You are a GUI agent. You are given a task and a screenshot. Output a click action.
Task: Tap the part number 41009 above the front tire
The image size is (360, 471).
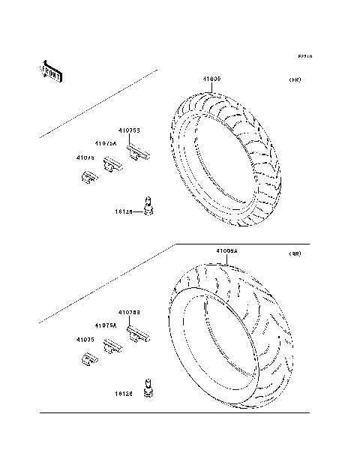[212, 79]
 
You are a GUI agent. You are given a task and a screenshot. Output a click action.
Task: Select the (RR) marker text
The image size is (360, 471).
[294, 255]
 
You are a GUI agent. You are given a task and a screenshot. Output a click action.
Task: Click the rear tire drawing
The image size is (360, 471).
[228, 331]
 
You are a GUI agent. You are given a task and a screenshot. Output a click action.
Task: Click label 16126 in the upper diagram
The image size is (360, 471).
[124, 212]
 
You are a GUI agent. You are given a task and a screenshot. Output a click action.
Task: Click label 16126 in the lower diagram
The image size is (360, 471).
[124, 393]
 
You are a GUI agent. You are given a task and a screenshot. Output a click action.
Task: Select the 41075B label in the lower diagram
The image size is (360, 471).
[129, 311]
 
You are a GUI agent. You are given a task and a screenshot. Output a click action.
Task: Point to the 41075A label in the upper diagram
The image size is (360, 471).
[106, 143]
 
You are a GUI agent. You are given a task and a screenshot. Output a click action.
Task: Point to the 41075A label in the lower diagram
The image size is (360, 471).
[106, 325]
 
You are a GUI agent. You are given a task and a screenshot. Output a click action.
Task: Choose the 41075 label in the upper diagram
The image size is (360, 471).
[85, 157]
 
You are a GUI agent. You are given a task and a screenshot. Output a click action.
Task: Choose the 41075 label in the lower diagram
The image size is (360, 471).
[85, 340]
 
